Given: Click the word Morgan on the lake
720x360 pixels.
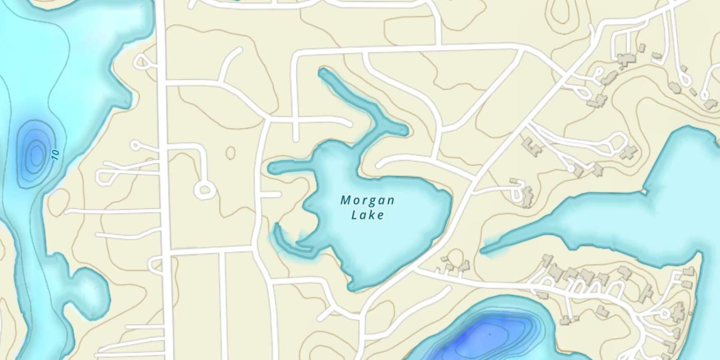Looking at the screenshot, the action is (x=367, y=200).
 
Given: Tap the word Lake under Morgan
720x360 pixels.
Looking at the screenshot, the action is (x=367, y=215).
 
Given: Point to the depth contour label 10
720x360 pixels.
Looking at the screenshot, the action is (x=56, y=155).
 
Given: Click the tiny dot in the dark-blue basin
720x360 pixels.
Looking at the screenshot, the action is (x=490, y=334).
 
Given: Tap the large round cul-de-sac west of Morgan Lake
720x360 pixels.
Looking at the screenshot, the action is (x=204, y=190).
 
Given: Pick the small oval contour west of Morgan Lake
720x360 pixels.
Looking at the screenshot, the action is (x=230, y=153).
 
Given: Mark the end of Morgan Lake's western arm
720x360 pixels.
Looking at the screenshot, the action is (x=271, y=168).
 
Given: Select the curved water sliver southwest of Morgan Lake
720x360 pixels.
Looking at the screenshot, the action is (x=288, y=242).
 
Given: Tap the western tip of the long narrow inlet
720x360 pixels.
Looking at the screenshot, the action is (x=483, y=250).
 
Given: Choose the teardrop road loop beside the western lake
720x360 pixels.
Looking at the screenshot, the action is (x=142, y=61).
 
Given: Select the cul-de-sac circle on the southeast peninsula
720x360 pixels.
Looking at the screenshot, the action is (x=664, y=314).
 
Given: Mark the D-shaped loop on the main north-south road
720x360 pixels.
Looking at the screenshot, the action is (x=156, y=265).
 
